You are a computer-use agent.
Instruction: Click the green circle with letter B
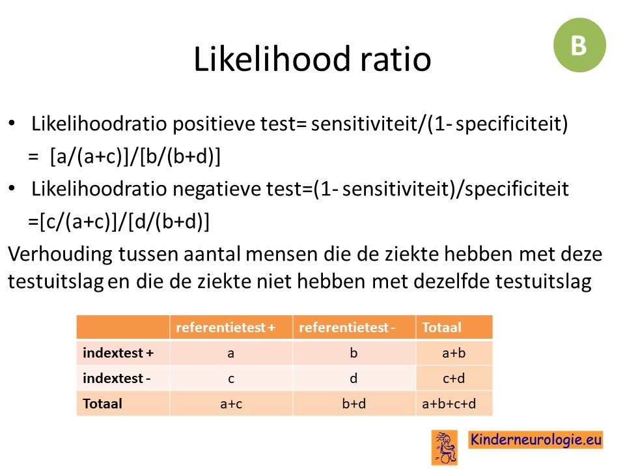(579, 45)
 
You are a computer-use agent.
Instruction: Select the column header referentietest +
(226, 328)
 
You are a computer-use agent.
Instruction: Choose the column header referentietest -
(347, 328)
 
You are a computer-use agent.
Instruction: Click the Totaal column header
(441, 328)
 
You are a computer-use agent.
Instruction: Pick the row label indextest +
(118, 353)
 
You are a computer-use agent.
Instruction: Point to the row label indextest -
(117, 378)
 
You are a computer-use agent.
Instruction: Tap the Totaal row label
(102, 404)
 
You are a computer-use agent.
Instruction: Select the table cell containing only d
(354, 378)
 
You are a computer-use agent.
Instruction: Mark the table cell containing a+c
(231, 404)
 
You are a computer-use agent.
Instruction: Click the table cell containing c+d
(454, 378)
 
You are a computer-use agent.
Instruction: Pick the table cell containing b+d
(354, 404)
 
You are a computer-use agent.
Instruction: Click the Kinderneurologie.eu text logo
(535, 440)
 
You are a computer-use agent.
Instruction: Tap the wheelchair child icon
(444, 448)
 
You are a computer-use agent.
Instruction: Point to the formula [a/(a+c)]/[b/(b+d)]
(135, 156)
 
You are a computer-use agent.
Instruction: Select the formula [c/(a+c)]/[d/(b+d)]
(124, 221)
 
